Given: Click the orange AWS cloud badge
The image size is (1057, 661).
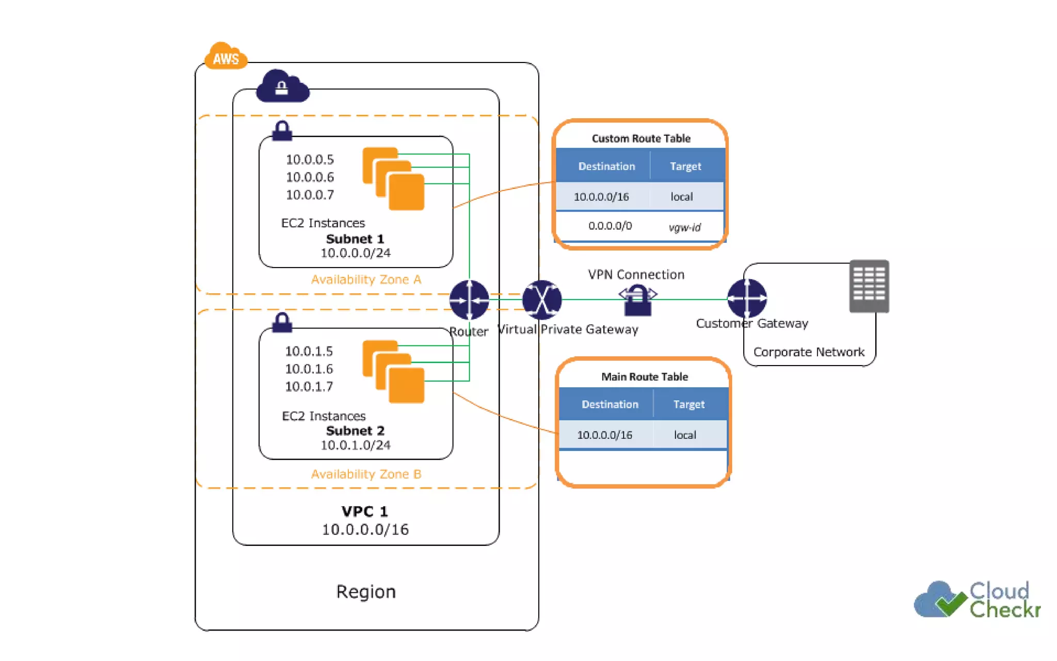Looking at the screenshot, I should click(x=226, y=57).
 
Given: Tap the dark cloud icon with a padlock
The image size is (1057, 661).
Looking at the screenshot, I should click(x=282, y=86).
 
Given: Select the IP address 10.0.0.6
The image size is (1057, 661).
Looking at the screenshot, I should click(x=310, y=177).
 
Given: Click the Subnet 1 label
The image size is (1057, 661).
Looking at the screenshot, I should click(x=355, y=239).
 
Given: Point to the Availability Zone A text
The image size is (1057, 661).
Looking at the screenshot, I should click(x=366, y=279).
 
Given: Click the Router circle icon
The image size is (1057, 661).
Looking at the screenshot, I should click(x=469, y=300).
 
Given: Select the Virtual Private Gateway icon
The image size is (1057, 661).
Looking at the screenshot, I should click(x=542, y=300).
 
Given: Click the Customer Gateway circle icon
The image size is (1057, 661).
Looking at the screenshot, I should click(x=747, y=298).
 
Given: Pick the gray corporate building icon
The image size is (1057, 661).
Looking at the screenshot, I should click(x=869, y=286).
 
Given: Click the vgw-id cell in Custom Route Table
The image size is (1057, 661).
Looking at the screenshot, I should click(x=684, y=227).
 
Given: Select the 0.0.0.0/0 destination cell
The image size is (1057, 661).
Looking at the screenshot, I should click(x=610, y=226).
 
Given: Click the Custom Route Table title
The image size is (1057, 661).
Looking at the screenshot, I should click(x=641, y=138).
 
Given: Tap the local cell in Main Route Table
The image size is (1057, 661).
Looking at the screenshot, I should click(x=685, y=435).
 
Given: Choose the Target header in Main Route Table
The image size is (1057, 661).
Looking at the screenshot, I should click(x=688, y=404).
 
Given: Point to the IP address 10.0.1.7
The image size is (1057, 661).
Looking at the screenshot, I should click(x=309, y=386).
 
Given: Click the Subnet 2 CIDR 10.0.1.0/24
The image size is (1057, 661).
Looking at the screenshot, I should click(x=355, y=445).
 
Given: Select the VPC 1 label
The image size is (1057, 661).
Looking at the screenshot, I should click(x=364, y=511).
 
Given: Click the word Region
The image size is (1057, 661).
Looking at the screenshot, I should click(x=366, y=591).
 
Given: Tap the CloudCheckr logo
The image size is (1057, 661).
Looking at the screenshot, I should click(x=976, y=600).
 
